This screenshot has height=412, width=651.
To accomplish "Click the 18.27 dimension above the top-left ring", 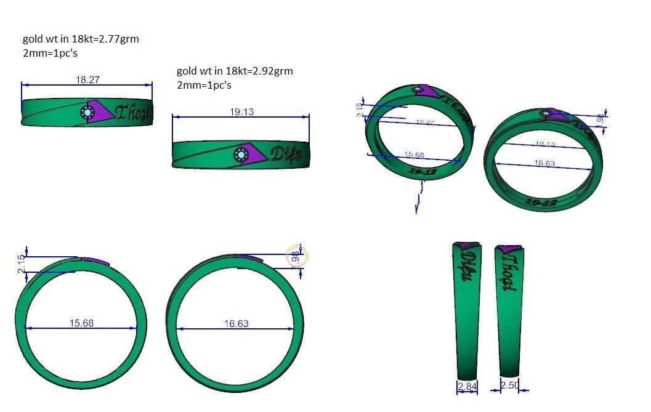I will click(87, 79).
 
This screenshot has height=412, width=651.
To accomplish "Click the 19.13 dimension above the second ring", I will click(241, 111).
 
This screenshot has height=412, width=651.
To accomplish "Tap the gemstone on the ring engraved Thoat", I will click(87, 113).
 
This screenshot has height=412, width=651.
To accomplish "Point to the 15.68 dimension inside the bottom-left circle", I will click(81, 323).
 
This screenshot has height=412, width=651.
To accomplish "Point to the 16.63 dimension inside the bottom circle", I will click(236, 323).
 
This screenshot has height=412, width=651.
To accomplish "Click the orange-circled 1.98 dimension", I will click(296, 258).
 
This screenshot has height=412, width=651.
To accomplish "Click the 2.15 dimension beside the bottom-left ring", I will click(22, 265).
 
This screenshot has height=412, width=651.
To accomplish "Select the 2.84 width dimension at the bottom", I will click(467, 386).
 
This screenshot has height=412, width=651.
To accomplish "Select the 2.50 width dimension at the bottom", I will click(509, 386).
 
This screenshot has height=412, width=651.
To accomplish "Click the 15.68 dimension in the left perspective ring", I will click(413, 155).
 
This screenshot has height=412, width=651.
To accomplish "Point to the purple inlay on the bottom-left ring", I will click(95, 261).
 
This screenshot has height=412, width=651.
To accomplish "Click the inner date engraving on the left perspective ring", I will click(422, 172).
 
